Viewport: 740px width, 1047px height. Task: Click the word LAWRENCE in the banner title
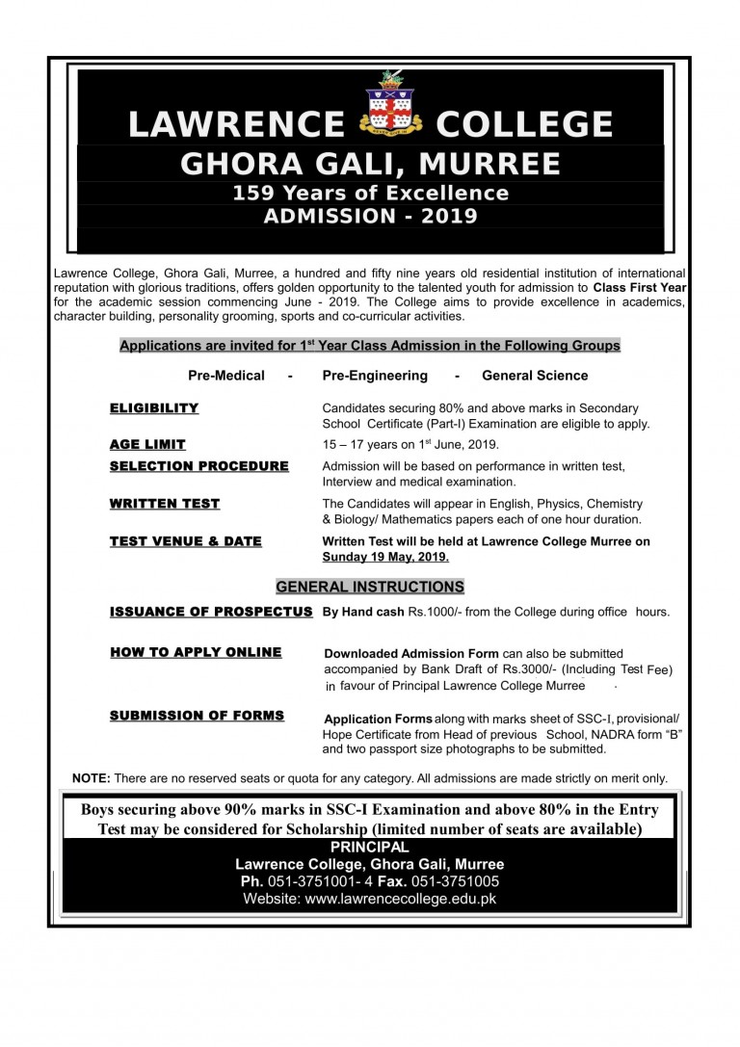click(236, 125)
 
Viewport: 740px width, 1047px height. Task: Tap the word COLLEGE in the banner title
click(524, 125)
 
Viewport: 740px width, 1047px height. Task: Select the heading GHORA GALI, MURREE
click(370, 163)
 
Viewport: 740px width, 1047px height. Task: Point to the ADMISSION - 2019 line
click(370, 216)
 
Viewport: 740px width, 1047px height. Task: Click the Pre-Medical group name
click(226, 376)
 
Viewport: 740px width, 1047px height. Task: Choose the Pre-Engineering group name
click(375, 376)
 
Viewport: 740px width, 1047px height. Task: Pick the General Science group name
click(535, 376)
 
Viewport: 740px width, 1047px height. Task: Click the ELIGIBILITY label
click(154, 408)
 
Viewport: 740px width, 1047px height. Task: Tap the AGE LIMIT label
click(147, 445)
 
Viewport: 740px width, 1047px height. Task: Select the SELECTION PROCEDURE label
click(198, 466)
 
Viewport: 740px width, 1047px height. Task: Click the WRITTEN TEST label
click(165, 504)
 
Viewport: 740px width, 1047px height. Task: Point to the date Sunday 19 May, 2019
click(385, 557)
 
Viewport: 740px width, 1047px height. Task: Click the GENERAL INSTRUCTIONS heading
click(370, 587)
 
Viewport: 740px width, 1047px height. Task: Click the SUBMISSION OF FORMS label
click(197, 716)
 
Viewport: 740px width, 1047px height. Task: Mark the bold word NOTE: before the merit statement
click(92, 778)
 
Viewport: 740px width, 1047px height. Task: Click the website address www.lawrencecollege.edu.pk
click(400, 899)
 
